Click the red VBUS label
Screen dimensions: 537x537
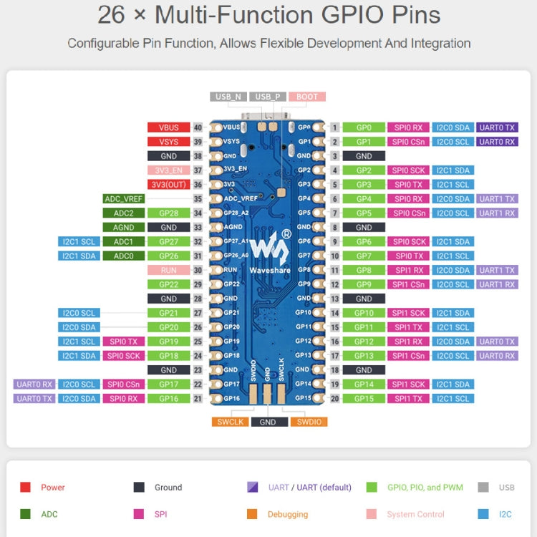tap(168, 127)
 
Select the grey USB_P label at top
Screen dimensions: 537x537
tap(268, 97)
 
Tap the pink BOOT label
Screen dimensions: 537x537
tap(307, 97)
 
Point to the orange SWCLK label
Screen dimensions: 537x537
tap(229, 422)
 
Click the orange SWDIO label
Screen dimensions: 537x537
tap(309, 422)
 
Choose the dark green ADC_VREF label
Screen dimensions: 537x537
tap(123, 199)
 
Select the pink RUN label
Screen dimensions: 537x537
tap(168, 270)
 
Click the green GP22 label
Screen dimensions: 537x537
tap(168, 284)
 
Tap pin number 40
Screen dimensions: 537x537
tap(198, 127)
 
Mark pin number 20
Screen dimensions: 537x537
tap(335, 399)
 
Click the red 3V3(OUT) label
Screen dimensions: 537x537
tap(168, 185)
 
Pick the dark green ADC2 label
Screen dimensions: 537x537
tap(123, 213)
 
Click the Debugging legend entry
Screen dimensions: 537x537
tap(288, 514)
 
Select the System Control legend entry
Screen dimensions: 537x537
tap(415, 514)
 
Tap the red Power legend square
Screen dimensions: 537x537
tap(25, 488)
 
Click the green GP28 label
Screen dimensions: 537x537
tap(168, 213)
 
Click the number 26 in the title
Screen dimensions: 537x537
tap(115, 15)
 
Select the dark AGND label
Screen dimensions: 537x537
tap(123, 228)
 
